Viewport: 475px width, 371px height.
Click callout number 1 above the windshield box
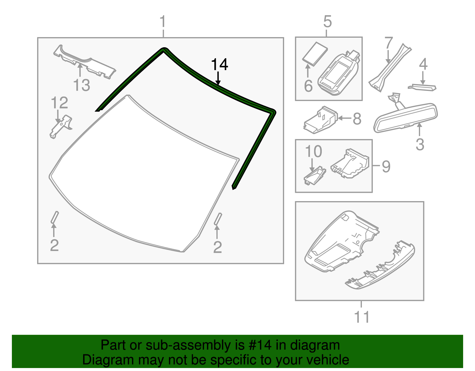pos(162,22)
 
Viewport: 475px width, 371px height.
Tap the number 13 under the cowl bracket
pos(81,85)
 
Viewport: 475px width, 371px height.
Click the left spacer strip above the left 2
pos(55,217)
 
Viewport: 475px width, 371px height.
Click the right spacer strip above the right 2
pos(218,219)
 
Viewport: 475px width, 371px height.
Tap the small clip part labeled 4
pos(422,87)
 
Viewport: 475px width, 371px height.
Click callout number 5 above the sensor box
pos(327,22)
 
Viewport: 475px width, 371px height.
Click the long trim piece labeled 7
pos(389,67)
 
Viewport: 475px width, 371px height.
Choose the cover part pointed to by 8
pos(321,121)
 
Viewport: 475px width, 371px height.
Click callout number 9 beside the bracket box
pos(386,167)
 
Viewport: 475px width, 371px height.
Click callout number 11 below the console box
pos(362,317)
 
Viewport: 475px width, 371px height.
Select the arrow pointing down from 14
pos(218,79)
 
